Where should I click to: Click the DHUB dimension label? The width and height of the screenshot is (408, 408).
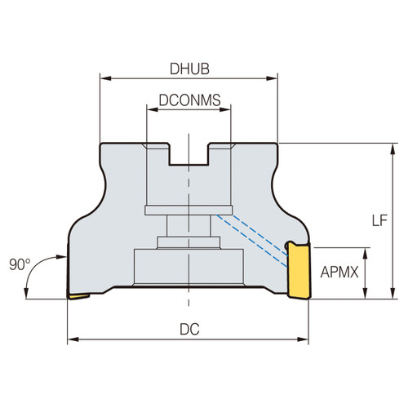pos(188,71)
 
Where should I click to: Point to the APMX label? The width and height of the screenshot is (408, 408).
pos(343,273)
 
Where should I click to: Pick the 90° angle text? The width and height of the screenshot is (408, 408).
pos(20,264)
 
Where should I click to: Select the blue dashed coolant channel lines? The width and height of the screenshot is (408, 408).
pos(253,237)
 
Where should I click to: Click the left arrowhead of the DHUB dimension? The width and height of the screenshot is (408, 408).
pos(104,79)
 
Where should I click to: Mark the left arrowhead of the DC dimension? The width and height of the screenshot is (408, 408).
pos(72,338)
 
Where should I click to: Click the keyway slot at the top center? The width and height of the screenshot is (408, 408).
pos(188,155)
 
